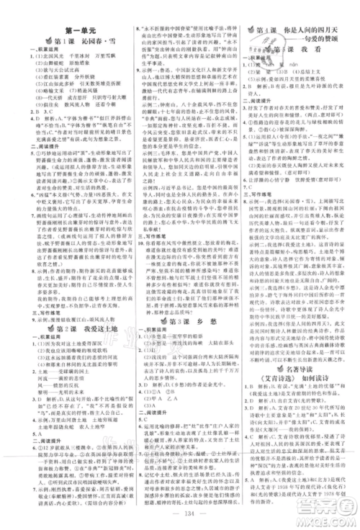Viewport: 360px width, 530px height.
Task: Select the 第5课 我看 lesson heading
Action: click(299, 52)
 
